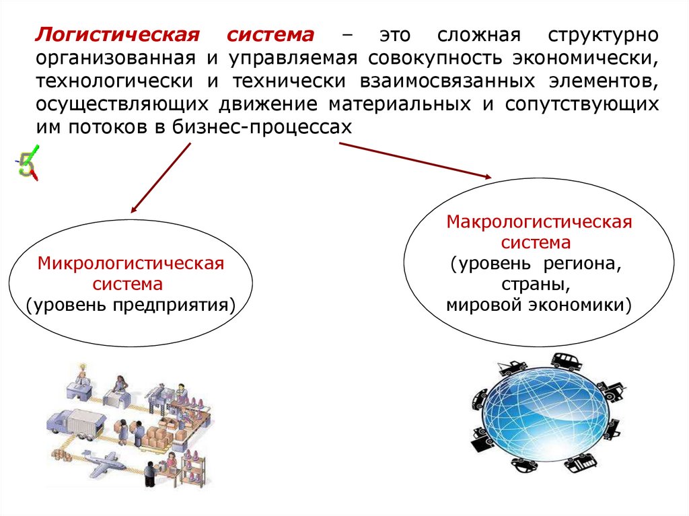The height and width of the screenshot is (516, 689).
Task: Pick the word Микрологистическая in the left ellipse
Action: pyautogui.click(x=131, y=262)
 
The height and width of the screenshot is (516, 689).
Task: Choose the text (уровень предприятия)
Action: pyautogui.click(x=131, y=305)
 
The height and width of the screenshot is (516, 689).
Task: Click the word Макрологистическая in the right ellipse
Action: pyautogui.click(x=539, y=221)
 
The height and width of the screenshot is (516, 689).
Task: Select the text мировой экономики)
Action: pyautogui.click(x=538, y=305)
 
